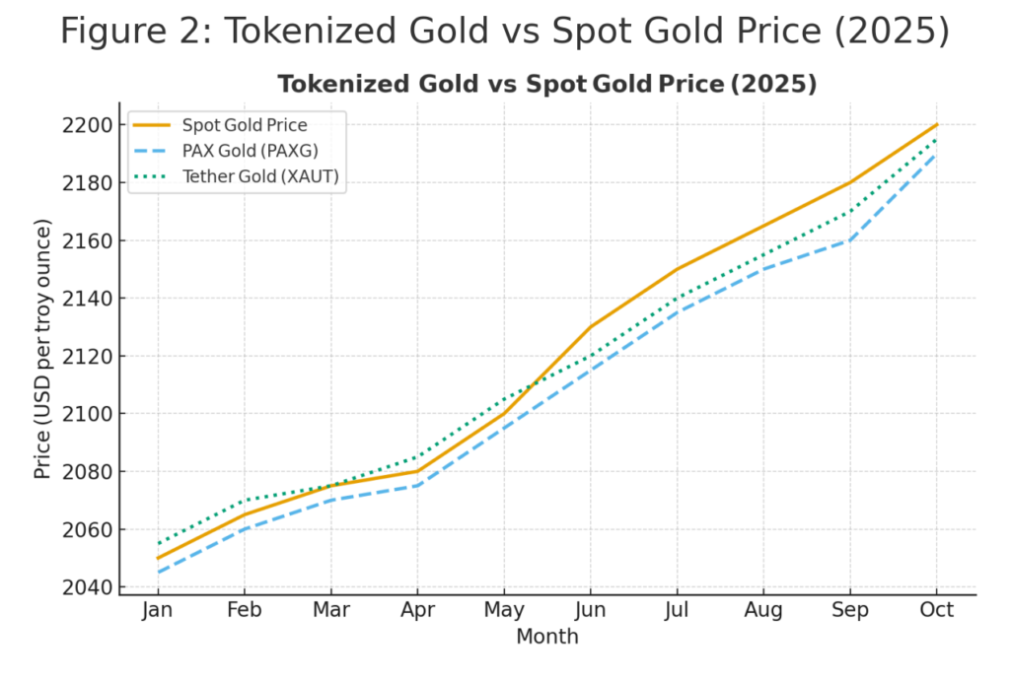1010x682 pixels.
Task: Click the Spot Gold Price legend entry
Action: tap(244, 125)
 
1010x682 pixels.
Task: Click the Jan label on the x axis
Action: tap(158, 611)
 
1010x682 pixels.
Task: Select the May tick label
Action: tap(504, 611)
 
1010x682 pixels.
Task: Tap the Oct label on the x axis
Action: tap(936, 611)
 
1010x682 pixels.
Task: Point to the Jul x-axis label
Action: tap(677, 611)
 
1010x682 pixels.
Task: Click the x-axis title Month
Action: tap(547, 638)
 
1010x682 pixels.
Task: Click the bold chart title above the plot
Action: tap(547, 85)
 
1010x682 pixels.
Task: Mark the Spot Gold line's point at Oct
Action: tap(936, 125)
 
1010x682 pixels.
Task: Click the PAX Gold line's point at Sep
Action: tap(850, 240)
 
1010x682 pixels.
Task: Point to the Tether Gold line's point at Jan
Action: tap(158, 544)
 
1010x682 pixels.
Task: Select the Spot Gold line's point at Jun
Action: tap(590, 327)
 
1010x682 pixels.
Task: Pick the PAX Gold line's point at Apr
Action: tap(417, 486)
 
